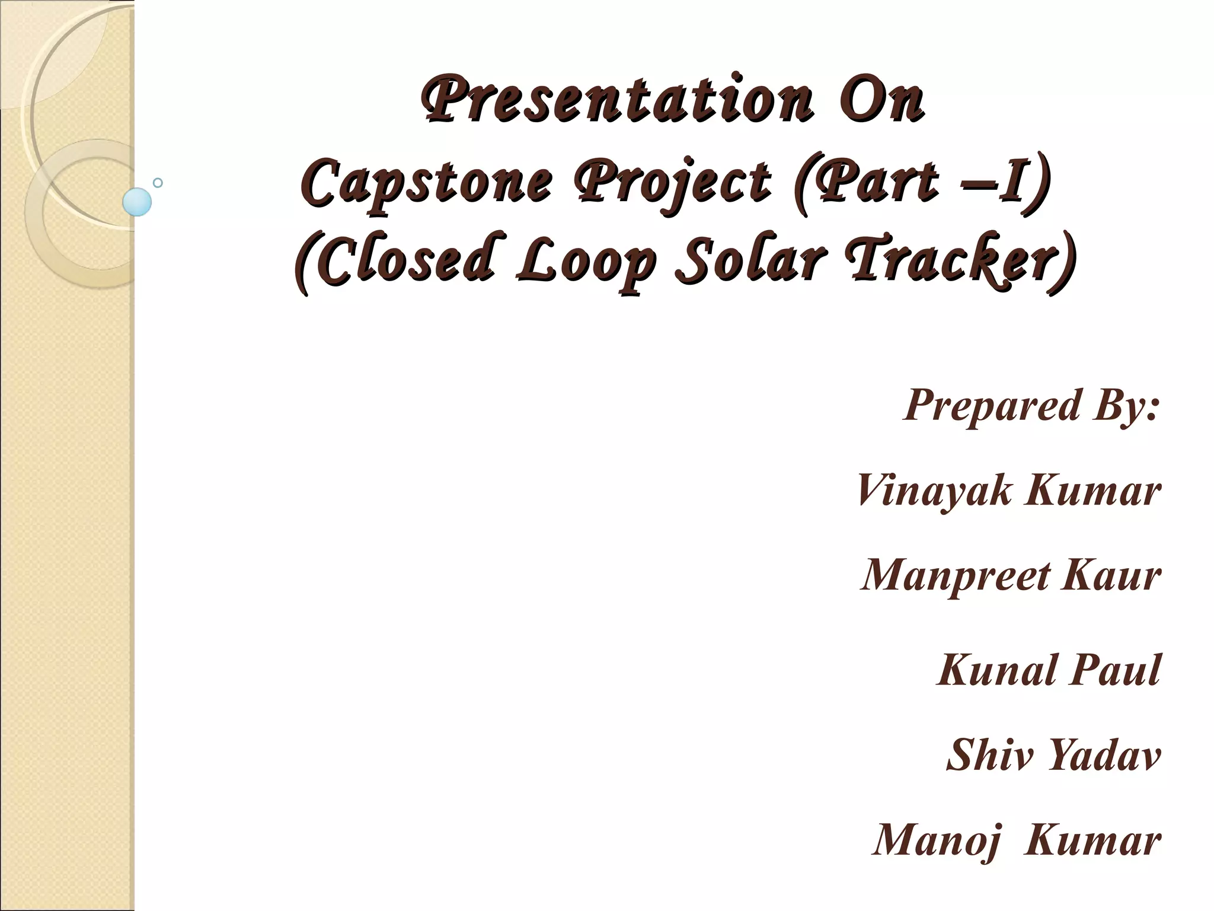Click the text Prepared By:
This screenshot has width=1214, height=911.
tap(1032, 406)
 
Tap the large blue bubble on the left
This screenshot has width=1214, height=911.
tap(137, 202)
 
